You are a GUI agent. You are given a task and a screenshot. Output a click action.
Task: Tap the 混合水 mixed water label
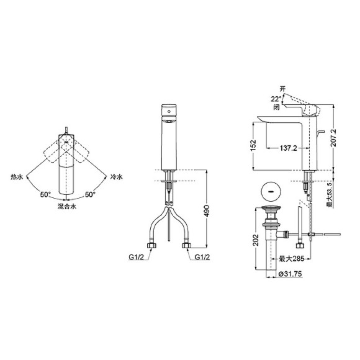click(65, 205)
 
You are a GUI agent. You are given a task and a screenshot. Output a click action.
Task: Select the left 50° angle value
click(45, 194)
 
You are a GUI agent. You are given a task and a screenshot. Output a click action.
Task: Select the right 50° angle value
click(90, 194)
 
